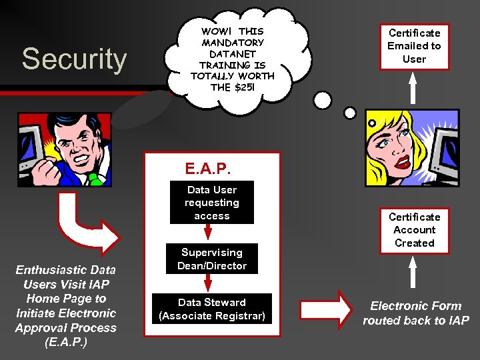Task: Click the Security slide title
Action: tap(74, 59)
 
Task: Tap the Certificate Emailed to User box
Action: tap(415, 46)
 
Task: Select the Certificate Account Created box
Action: tap(414, 230)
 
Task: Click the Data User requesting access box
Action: tap(211, 203)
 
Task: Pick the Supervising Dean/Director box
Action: tap(211, 259)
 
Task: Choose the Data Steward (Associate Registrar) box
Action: tap(212, 309)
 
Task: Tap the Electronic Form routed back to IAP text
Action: tap(416, 313)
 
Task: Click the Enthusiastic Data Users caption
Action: tap(65, 306)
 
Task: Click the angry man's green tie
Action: tap(95, 179)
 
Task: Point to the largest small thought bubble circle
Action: tap(323, 100)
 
